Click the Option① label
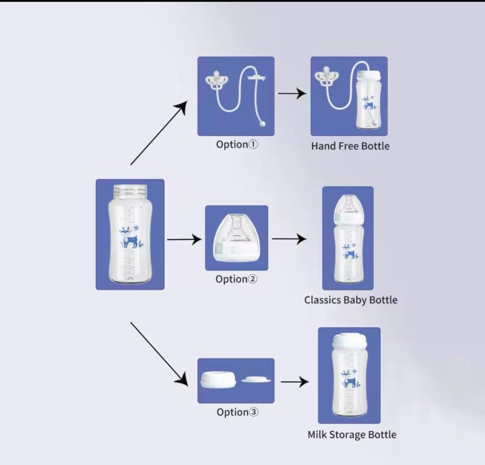(x=237, y=145)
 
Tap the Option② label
(x=236, y=279)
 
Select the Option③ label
(x=237, y=412)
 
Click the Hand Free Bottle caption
(x=350, y=146)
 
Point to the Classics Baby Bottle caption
(x=351, y=300)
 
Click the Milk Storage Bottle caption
(x=352, y=434)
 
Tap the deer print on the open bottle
(x=131, y=237)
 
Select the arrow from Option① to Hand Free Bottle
(x=292, y=93)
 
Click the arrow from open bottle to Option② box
(x=184, y=239)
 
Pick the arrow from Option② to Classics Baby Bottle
(x=289, y=239)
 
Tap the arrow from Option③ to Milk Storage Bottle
(x=295, y=382)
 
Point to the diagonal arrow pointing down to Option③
(x=159, y=354)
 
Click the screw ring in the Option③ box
(x=218, y=380)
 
